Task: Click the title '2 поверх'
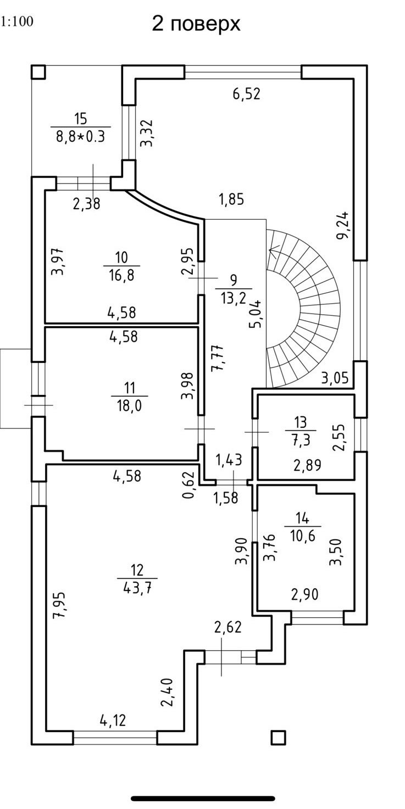point(196,24)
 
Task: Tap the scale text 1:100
point(17,22)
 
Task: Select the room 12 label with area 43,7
point(137,578)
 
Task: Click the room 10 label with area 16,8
point(121,265)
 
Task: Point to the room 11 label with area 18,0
point(129,396)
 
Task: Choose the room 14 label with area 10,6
point(302,527)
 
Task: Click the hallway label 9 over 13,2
point(234,289)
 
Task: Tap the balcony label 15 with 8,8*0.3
point(80,127)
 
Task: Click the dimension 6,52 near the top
point(246,94)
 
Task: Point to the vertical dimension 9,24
point(343,226)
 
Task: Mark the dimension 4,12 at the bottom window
point(113,720)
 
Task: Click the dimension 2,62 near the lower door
point(228,627)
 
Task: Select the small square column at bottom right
point(279,737)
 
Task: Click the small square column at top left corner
point(38,72)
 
